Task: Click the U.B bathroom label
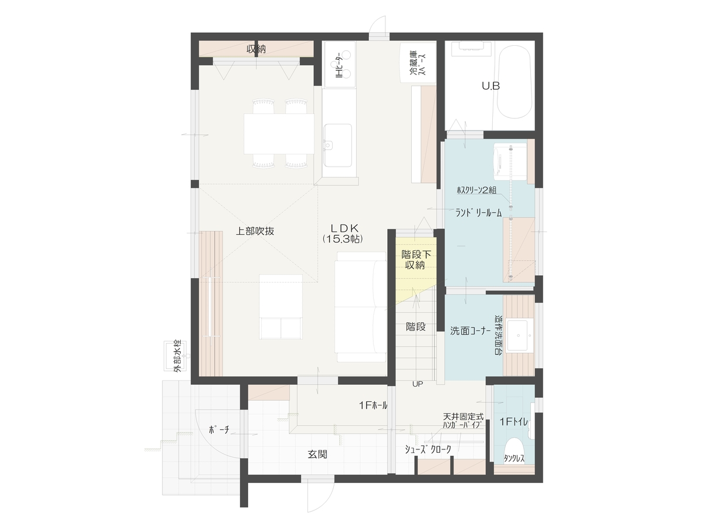pyautogui.click(x=490, y=86)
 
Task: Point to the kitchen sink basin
pyautogui.click(x=338, y=145)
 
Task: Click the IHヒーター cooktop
pyautogui.click(x=340, y=65)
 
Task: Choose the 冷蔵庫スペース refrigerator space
pyautogui.click(x=418, y=63)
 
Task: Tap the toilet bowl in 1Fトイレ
pyautogui.click(x=514, y=449)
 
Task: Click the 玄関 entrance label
pyautogui.click(x=317, y=454)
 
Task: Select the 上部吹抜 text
pyautogui.click(x=255, y=231)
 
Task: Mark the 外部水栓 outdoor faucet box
pyautogui.click(x=177, y=356)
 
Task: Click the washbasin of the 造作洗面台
pyautogui.click(x=518, y=336)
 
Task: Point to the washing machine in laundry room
pyautogui.click(x=510, y=163)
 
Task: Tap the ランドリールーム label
pyautogui.click(x=479, y=213)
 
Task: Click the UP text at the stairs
pyautogui.click(x=418, y=384)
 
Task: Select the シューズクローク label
pyautogui.click(x=428, y=449)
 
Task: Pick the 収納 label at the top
pyautogui.click(x=256, y=49)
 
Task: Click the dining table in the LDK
pyautogui.click(x=279, y=134)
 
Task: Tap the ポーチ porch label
pyautogui.click(x=219, y=429)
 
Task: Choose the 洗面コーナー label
pyautogui.click(x=470, y=331)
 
